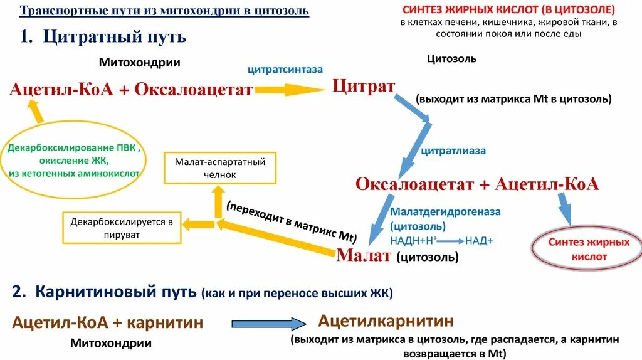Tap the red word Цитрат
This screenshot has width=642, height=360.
tap(363, 85)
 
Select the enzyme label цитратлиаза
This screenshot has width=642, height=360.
tap(453, 151)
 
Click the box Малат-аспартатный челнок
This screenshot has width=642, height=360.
tap(220, 168)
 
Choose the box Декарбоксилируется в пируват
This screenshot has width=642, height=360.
tap(122, 228)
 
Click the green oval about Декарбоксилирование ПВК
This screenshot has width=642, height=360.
tap(75, 159)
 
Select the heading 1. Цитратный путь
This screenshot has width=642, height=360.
tap(103, 36)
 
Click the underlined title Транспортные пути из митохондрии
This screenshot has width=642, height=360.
tap(164, 12)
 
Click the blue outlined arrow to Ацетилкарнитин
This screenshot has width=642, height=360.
tap(269, 324)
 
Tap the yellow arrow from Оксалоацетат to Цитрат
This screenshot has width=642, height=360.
tap(290, 90)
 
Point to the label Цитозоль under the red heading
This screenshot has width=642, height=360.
tap(451, 59)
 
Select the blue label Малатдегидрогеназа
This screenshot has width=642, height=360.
tap(445, 212)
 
